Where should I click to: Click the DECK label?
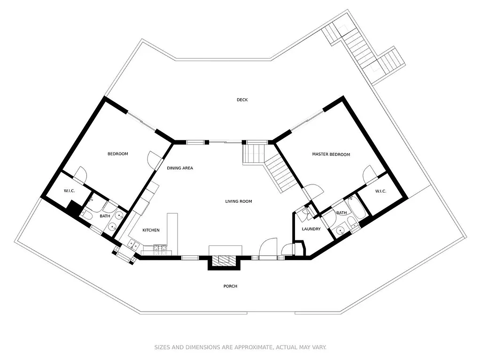coord(242,100)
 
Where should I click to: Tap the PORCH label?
coord(230,286)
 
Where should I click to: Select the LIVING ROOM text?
coord(239,201)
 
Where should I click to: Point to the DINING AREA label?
coord(180,168)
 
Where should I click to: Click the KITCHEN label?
coord(151,230)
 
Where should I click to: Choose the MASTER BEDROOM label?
coord(331,154)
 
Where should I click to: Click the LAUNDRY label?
coord(311,229)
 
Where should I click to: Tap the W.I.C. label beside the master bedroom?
coord(380,191)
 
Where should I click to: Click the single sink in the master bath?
coord(340,230)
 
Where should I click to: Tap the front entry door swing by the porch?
coord(268,247)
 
